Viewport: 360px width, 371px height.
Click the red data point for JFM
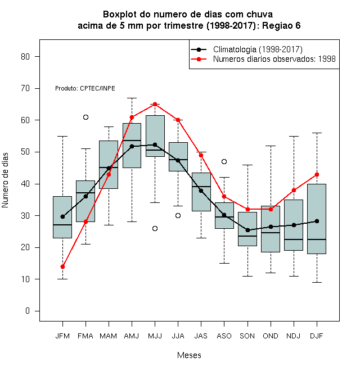[62, 266]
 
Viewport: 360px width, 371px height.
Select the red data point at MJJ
[155, 104]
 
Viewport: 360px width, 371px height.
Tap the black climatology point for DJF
[317, 221]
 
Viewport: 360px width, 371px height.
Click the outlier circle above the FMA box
[85, 117]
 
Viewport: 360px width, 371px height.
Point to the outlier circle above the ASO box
[224, 161]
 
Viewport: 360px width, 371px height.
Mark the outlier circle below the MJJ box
[155, 228]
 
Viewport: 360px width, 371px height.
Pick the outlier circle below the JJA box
[178, 215]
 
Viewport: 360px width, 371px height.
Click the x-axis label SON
[247, 336]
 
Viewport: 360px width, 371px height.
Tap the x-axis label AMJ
[132, 336]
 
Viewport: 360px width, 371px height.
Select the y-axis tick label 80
[25, 57]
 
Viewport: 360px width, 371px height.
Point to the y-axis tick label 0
[28, 311]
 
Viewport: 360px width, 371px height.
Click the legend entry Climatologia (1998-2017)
[258, 49]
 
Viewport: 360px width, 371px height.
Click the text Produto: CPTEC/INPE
[85, 88]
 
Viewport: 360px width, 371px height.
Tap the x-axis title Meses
[189, 355]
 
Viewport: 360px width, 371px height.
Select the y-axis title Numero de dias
[5, 180]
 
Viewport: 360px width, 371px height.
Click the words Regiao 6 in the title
[281, 25]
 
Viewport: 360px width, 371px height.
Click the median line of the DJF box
[317, 239]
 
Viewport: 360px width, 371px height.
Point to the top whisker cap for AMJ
[132, 98]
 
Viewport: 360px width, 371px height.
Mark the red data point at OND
[271, 209]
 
